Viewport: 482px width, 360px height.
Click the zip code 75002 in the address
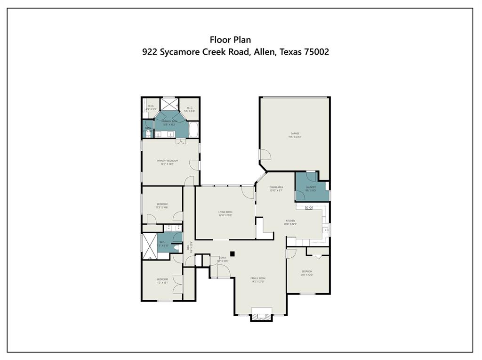click(x=316, y=52)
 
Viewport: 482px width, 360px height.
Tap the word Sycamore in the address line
click(x=180, y=52)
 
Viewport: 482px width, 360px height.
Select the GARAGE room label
click(x=295, y=134)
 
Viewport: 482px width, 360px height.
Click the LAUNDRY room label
click(x=311, y=188)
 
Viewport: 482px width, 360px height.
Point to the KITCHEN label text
click(x=290, y=221)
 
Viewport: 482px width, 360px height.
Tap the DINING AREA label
click(x=276, y=188)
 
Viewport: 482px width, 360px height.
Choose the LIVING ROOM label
click(x=225, y=213)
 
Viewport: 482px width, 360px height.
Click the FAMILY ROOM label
click(x=258, y=278)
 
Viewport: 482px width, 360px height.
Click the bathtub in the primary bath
click(x=193, y=129)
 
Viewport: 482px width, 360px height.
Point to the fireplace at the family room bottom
click(x=262, y=314)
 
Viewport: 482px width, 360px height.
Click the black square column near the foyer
click(x=232, y=253)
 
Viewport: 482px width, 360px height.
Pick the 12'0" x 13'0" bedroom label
click(x=306, y=272)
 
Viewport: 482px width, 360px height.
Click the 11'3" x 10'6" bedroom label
click(x=162, y=205)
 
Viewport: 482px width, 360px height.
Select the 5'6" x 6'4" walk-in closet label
click(x=190, y=108)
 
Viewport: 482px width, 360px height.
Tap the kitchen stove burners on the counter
click(x=309, y=207)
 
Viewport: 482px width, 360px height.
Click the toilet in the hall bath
click(x=177, y=247)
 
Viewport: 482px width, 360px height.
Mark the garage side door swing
click(x=265, y=155)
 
